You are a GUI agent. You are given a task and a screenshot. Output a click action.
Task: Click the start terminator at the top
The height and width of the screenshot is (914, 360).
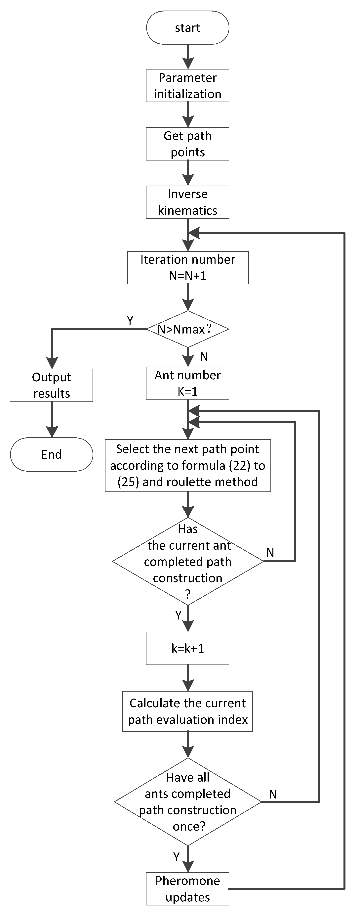point(188,28)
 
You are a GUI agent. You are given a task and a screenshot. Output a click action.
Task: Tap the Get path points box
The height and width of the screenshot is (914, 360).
point(188,144)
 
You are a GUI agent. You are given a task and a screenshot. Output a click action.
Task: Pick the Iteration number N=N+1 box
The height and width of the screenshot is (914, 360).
point(188,268)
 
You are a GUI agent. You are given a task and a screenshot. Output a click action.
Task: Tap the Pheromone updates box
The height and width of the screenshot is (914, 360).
point(188,889)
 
